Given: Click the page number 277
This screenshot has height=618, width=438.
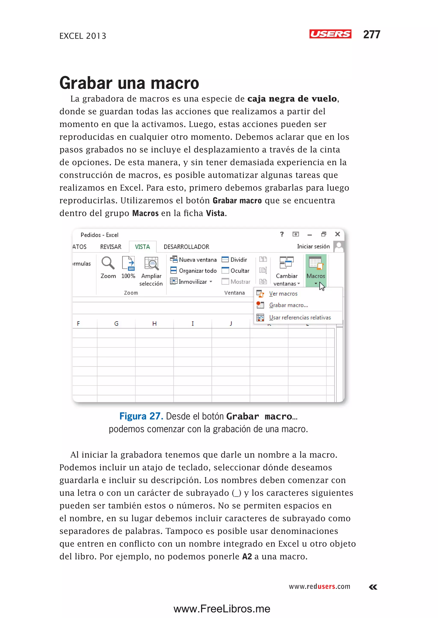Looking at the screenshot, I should click(371, 34).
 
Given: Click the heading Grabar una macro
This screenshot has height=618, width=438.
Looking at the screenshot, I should click(129, 83).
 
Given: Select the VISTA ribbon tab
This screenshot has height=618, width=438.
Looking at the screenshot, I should click(142, 247).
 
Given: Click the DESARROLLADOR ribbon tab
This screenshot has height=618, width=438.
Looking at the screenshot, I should click(186, 247).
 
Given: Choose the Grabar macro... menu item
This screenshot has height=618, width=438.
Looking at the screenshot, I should click(288, 305).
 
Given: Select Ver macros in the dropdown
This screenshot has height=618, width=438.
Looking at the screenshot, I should click(283, 293).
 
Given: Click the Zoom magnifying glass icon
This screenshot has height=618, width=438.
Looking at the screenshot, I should click(108, 263).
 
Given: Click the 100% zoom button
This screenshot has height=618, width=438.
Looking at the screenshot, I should click(128, 267).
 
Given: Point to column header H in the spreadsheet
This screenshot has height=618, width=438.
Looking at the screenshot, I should click(154, 323).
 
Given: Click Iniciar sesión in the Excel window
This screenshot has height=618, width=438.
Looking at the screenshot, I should click(313, 246).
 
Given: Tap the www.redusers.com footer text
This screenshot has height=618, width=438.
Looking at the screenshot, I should click(319, 586).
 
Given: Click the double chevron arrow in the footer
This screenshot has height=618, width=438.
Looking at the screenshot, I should click(373, 587).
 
